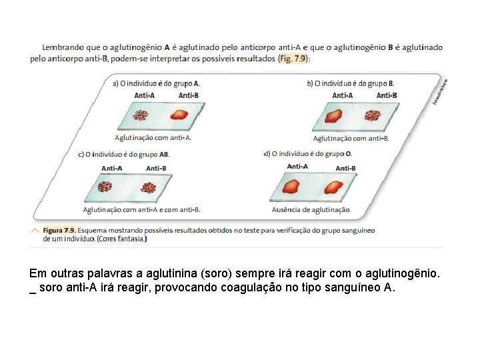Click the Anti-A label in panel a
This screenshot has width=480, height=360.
[x=144, y=95]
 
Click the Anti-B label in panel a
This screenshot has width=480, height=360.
[x=189, y=95]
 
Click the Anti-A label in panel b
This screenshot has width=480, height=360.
[x=343, y=95]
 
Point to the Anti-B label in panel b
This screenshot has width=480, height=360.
[x=387, y=95]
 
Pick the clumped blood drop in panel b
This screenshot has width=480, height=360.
[x=372, y=116]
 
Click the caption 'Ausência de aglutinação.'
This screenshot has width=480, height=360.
[x=311, y=209]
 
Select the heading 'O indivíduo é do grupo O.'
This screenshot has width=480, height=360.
[x=308, y=154]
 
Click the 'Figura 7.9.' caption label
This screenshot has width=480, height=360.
[x=59, y=230]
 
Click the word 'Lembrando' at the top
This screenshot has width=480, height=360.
[x=63, y=47]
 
